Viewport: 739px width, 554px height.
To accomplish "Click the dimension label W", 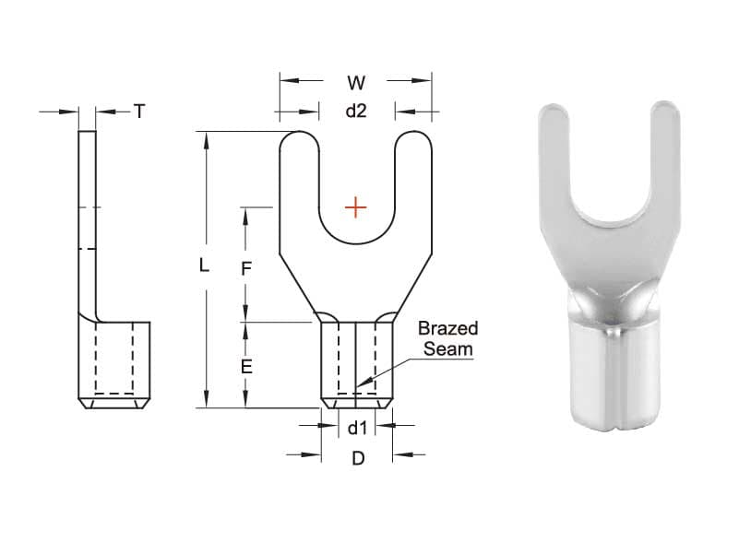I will [x=356, y=83].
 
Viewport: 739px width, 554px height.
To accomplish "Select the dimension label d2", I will [x=356, y=112].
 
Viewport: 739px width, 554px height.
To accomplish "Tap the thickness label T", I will [x=139, y=112].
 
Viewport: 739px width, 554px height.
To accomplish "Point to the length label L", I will [x=205, y=265].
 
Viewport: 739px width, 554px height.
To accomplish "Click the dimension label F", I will [x=246, y=268].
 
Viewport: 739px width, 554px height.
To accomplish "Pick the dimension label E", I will [x=246, y=366].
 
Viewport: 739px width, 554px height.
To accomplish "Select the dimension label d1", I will [x=357, y=427].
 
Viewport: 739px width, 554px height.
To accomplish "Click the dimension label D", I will [x=358, y=458].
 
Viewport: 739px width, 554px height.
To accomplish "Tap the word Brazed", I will [x=448, y=329].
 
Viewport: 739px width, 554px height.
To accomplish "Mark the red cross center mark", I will [x=355, y=206].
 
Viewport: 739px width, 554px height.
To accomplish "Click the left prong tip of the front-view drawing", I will [x=299, y=136].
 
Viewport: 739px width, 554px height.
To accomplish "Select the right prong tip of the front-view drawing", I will [x=414, y=136].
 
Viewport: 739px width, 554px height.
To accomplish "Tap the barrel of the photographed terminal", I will [x=613, y=378].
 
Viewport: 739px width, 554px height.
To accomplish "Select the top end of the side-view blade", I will [x=87, y=135].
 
